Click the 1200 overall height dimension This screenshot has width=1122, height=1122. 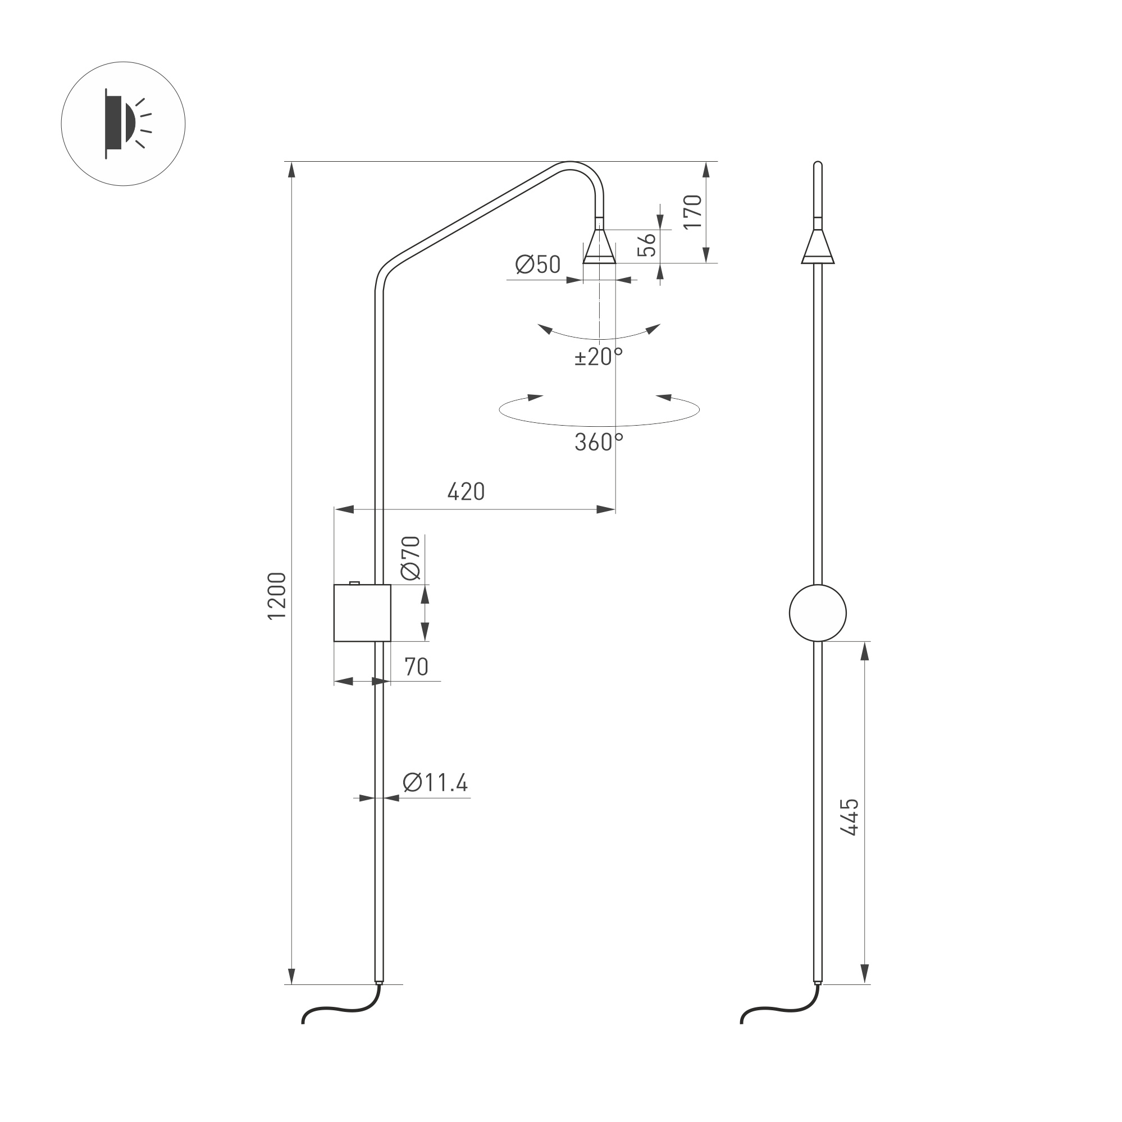click(x=277, y=596)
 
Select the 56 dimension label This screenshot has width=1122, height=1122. click(x=647, y=244)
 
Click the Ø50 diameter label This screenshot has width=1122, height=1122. click(x=538, y=265)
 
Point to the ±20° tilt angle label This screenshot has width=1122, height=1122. click(x=598, y=356)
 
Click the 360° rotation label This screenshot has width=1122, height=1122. click(x=598, y=443)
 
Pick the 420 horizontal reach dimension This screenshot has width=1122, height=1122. click(x=466, y=492)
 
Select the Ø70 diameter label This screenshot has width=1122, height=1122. click(x=411, y=558)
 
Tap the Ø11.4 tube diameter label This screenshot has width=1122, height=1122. click(x=435, y=783)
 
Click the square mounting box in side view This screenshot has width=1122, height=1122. click(x=362, y=613)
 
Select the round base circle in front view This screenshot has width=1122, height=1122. click(x=817, y=613)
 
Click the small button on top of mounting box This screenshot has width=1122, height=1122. click(x=354, y=582)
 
